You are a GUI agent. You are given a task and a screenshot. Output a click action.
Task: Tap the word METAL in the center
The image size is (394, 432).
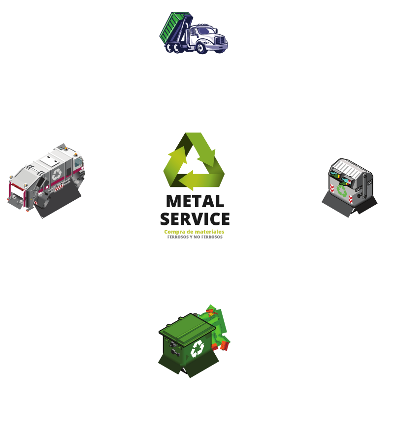[x=195, y=201]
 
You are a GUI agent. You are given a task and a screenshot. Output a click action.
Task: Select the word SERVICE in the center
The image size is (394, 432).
[x=195, y=218]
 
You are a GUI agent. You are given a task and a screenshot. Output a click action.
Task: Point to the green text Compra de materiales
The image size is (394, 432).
[x=195, y=231]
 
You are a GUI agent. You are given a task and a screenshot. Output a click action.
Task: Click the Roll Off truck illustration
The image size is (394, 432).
[x=195, y=33]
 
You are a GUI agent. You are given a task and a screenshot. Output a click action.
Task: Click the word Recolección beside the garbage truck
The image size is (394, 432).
[x=40, y=219]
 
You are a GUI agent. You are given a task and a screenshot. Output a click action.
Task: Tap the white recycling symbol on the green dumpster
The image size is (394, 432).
[x=197, y=348]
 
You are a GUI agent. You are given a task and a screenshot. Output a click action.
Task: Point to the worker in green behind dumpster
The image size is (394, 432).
[x=217, y=325]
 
